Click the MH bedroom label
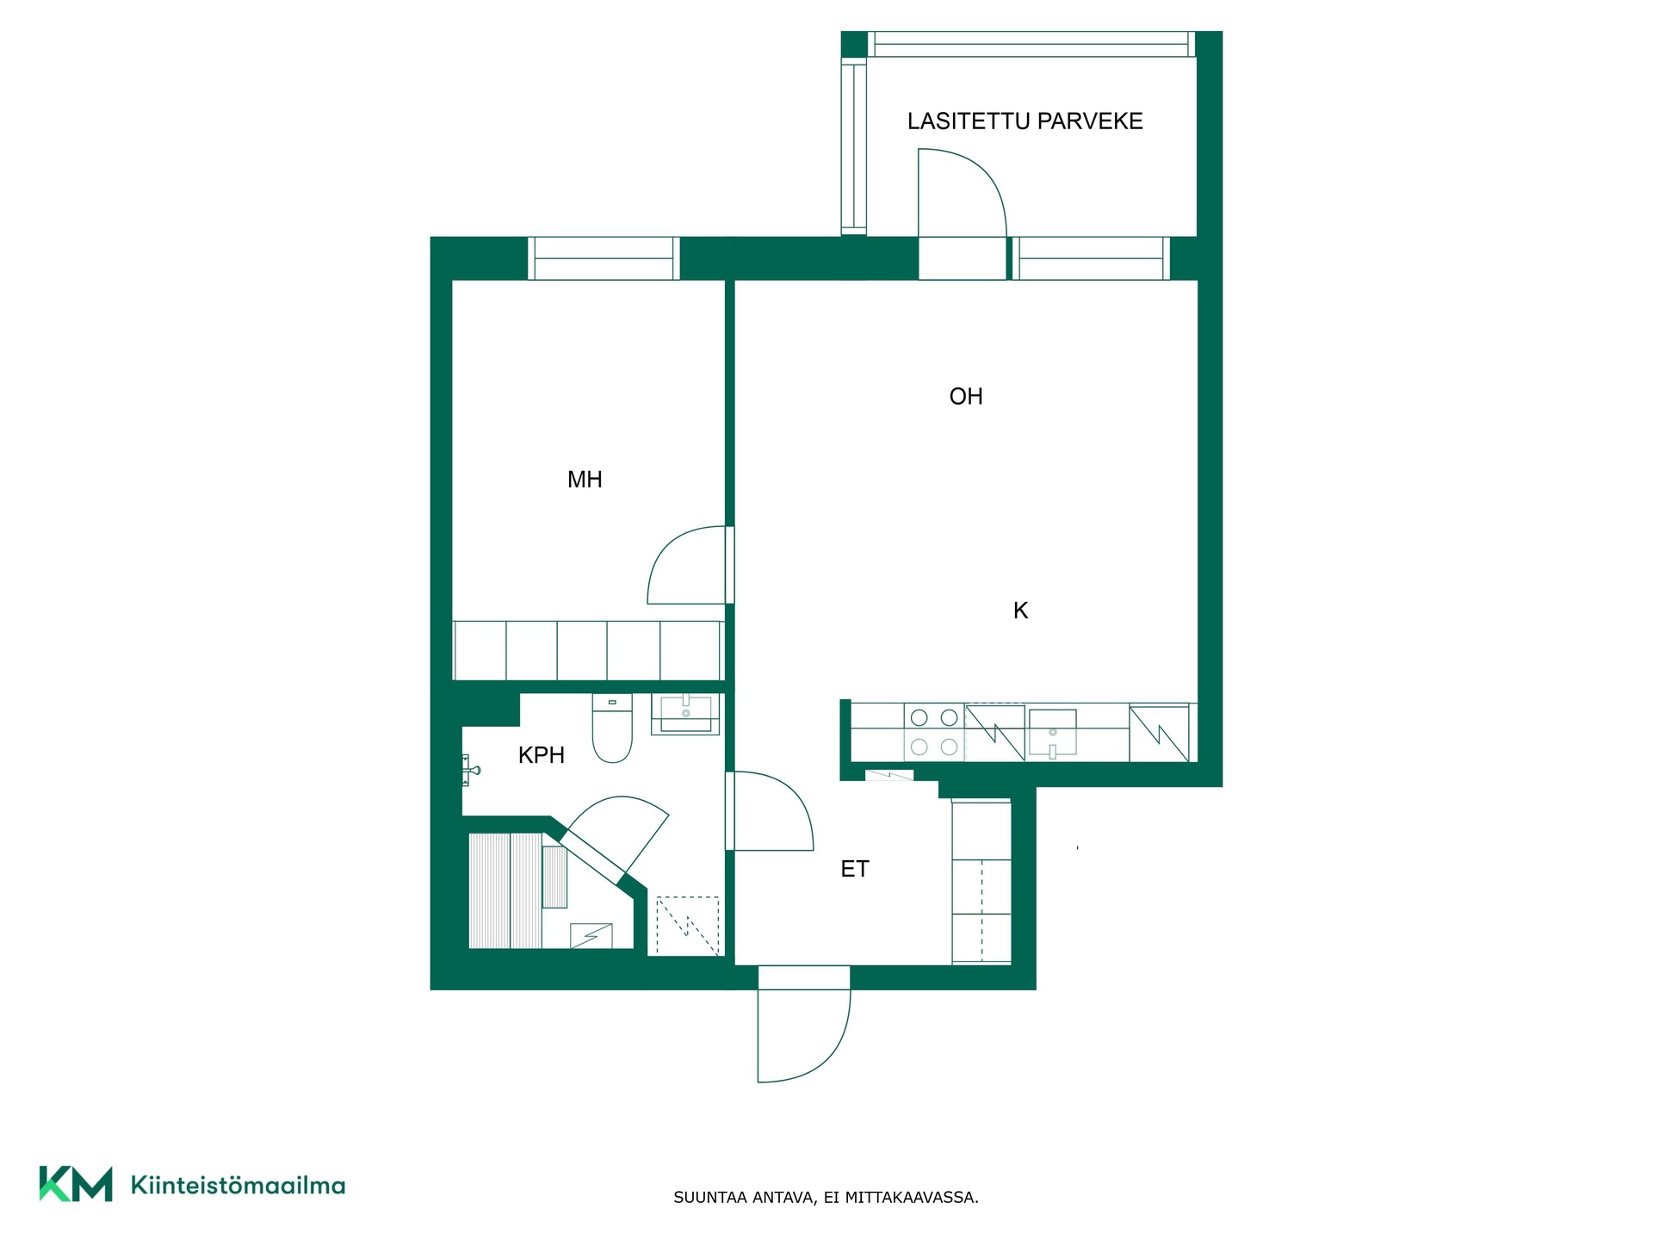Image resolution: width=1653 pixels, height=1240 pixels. (x=585, y=480)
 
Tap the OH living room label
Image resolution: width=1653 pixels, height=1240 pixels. (x=966, y=396)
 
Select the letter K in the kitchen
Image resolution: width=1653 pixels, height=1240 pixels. (x=1020, y=611)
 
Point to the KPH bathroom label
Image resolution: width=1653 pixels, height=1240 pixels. (x=542, y=755)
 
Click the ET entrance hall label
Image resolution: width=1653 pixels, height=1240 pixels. (x=855, y=869)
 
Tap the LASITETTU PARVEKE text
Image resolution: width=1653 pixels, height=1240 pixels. (x=1025, y=121)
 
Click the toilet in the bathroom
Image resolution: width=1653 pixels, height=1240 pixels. (x=612, y=728)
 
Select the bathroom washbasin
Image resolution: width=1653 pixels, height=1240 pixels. (x=685, y=714)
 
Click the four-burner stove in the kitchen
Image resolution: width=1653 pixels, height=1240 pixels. (x=934, y=732)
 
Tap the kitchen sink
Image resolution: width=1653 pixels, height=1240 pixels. (x=1052, y=733)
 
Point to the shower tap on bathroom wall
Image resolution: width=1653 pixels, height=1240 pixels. (x=470, y=770)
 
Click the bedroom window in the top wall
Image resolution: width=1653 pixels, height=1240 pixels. (x=604, y=258)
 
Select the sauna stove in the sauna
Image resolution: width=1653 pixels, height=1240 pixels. (x=591, y=935)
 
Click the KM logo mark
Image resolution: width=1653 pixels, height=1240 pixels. (x=76, y=1184)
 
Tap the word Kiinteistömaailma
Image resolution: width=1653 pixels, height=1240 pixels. (x=238, y=1185)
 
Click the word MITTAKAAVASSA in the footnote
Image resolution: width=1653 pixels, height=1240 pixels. (x=912, y=1197)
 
